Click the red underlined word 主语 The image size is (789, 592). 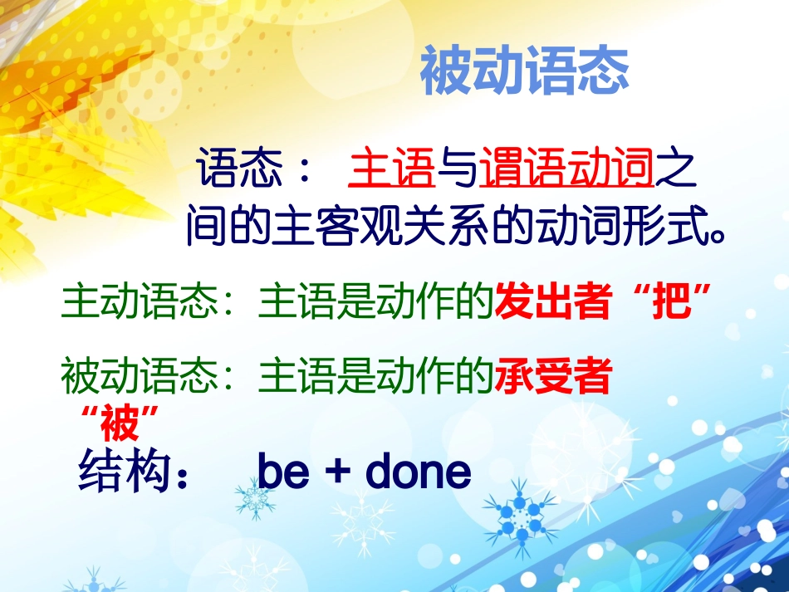(x=393, y=169)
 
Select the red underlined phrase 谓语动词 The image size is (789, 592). (x=567, y=169)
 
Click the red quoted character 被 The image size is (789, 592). (x=116, y=423)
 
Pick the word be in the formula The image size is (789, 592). (x=284, y=472)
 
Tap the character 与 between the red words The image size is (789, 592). (x=458, y=169)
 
